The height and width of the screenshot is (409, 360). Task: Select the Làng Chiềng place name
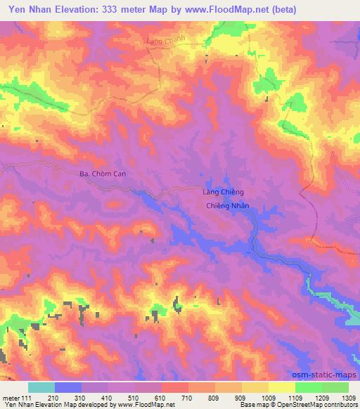click(219, 192)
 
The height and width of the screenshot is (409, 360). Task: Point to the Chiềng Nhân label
click(229, 207)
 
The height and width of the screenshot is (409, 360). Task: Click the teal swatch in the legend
click(41, 387)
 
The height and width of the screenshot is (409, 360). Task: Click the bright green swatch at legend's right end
click(335, 387)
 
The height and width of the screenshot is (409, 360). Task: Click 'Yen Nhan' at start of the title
click(27, 10)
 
